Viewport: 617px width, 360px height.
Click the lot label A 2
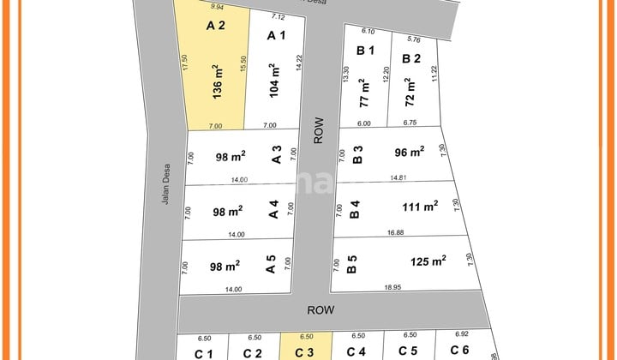click(216, 26)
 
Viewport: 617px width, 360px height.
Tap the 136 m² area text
click(216, 81)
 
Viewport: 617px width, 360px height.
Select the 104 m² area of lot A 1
click(274, 81)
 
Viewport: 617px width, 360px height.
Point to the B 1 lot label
click(366, 51)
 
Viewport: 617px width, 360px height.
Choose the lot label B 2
click(412, 59)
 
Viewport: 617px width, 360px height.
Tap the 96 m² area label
click(410, 153)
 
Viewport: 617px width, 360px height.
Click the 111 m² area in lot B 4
click(419, 206)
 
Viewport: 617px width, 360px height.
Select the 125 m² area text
click(428, 261)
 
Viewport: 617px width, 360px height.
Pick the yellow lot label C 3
click(304, 352)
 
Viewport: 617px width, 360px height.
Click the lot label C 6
click(459, 351)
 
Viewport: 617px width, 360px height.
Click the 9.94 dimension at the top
click(216, 7)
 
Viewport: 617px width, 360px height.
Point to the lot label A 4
click(274, 210)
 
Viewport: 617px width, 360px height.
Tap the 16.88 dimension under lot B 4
click(396, 233)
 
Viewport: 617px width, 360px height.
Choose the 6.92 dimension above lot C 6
click(464, 335)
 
